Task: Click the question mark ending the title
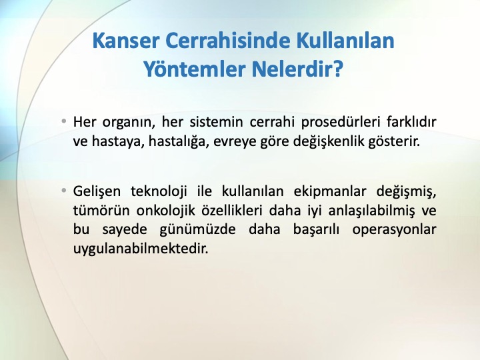337,69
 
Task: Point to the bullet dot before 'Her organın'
64,121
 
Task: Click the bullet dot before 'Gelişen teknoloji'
64,191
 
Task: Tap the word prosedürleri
339,122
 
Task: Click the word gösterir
394,141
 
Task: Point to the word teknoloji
159,191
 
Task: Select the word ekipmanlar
330,191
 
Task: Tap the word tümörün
101,211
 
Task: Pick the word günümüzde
198,230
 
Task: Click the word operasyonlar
394,230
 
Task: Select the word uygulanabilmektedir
141,249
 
